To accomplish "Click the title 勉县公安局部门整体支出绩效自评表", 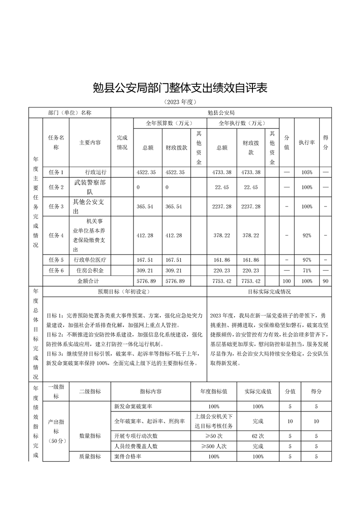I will coord(180,88).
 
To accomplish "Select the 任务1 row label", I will coord(56,172).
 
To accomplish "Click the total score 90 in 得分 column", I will coord(325,281).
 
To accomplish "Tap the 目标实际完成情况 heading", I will coord(269,292).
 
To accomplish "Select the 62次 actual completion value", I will coord(258,436).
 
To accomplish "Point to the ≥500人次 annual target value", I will coord(213,446).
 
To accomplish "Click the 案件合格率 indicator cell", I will coord(128,456).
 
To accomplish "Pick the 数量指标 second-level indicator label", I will coord(90,436).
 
